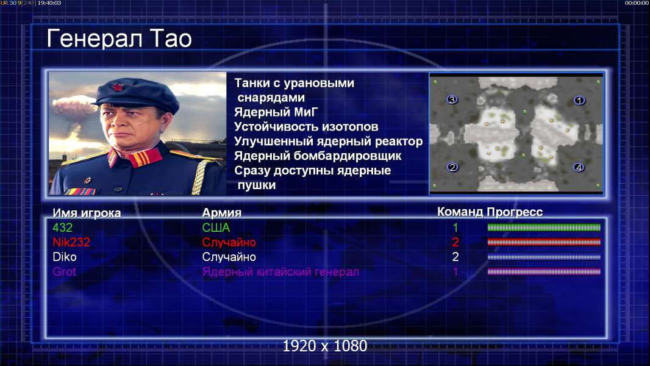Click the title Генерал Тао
coord(119,38)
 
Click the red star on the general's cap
coord(118,87)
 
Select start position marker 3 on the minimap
coord(452,99)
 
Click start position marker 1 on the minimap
coord(579,100)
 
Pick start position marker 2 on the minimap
coord(452,167)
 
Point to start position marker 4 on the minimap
coord(579,168)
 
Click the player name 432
coord(63,228)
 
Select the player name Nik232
coord(71,242)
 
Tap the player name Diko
coord(65,257)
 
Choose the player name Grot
coord(65,272)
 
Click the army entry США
coord(216,228)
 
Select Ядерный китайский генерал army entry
coord(280,272)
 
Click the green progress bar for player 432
coord(544,227)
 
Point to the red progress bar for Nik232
coord(544,242)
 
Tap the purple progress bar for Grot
coord(544,272)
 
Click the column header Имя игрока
coord(87,213)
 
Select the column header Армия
coord(222,213)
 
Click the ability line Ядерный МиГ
coord(276,112)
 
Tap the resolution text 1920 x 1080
coord(325,346)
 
